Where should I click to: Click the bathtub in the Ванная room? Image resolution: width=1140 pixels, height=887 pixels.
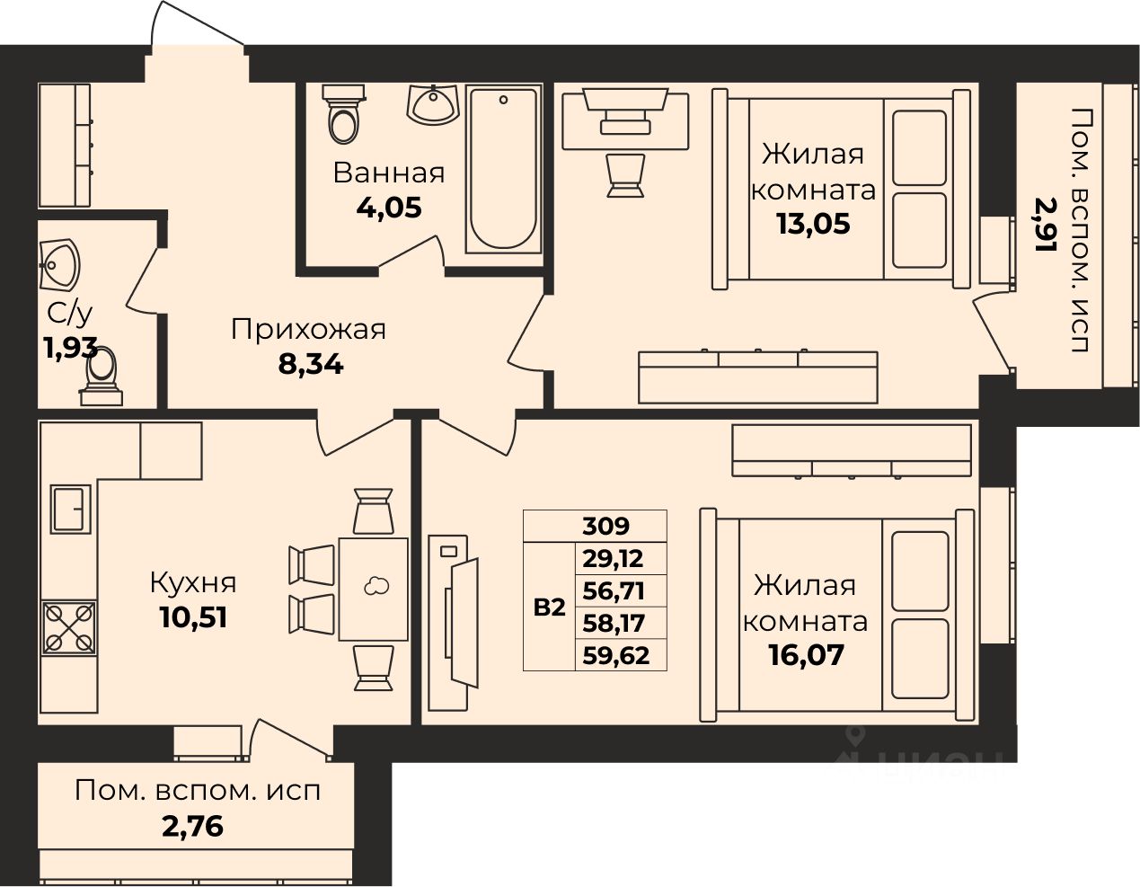coord(503,171)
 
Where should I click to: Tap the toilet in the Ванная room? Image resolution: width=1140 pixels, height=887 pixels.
coord(343,114)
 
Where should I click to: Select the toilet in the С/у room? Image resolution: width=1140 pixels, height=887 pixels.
coord(102,377)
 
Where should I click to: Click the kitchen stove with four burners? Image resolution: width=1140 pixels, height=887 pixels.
coord(69,627)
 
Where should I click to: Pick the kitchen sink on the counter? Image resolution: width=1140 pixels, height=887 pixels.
coord(71,510)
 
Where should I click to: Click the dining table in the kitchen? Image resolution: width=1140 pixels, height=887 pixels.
coord(374,589)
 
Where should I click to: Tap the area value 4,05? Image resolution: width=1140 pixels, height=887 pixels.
coord(389,208)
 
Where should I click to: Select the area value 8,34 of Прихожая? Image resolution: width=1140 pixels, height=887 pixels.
coord(311,364)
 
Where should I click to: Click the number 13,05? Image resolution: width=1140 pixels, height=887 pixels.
coord(813,224)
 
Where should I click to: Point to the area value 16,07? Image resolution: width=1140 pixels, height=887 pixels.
coord(807,655)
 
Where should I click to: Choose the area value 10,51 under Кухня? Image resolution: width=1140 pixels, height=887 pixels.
coord(193,617)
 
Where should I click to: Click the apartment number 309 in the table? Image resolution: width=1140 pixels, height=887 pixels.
coord(606,526)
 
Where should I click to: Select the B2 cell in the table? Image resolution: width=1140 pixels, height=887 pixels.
coord(549,608)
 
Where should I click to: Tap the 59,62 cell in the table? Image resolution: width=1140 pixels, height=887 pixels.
coord(616,655)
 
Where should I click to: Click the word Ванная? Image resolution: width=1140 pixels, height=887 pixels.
coord(389,173)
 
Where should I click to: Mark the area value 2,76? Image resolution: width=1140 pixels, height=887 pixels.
coord(193,827)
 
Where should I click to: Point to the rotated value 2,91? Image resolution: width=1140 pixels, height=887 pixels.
coord(1045,224)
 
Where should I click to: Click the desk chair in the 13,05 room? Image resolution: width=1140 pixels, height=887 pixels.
coord(625,175)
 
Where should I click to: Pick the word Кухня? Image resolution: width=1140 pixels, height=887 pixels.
coord(193,583)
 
